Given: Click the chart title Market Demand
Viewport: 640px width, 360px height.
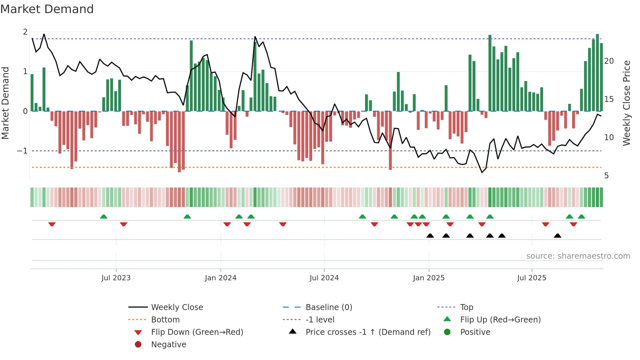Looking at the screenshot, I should [47, 9].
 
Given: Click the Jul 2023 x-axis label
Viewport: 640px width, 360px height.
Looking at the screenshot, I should [116, 278].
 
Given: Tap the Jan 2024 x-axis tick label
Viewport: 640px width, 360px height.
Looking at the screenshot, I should [220, 278].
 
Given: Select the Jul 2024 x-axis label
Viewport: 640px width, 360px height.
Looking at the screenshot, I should [324, 278].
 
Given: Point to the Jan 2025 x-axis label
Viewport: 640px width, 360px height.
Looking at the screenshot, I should [428, 278].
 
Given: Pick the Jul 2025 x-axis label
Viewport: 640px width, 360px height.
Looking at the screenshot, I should [532, 278].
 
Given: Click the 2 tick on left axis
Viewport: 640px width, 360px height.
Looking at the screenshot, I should [25, 32].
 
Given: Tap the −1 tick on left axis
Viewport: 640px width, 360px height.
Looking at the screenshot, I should [22, 151].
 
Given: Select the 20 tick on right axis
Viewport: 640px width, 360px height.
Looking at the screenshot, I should [609, 61].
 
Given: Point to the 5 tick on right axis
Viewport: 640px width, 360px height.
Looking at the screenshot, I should [606, 176].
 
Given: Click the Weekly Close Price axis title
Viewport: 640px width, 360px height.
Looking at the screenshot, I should [626, 103].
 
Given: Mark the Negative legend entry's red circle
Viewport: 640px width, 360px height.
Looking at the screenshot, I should [138, 345].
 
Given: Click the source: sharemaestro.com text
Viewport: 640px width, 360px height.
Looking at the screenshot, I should [578, 256].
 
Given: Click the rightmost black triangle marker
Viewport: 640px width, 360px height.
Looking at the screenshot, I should [557, 236].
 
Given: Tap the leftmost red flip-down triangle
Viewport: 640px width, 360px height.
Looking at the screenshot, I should [52, 224].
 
